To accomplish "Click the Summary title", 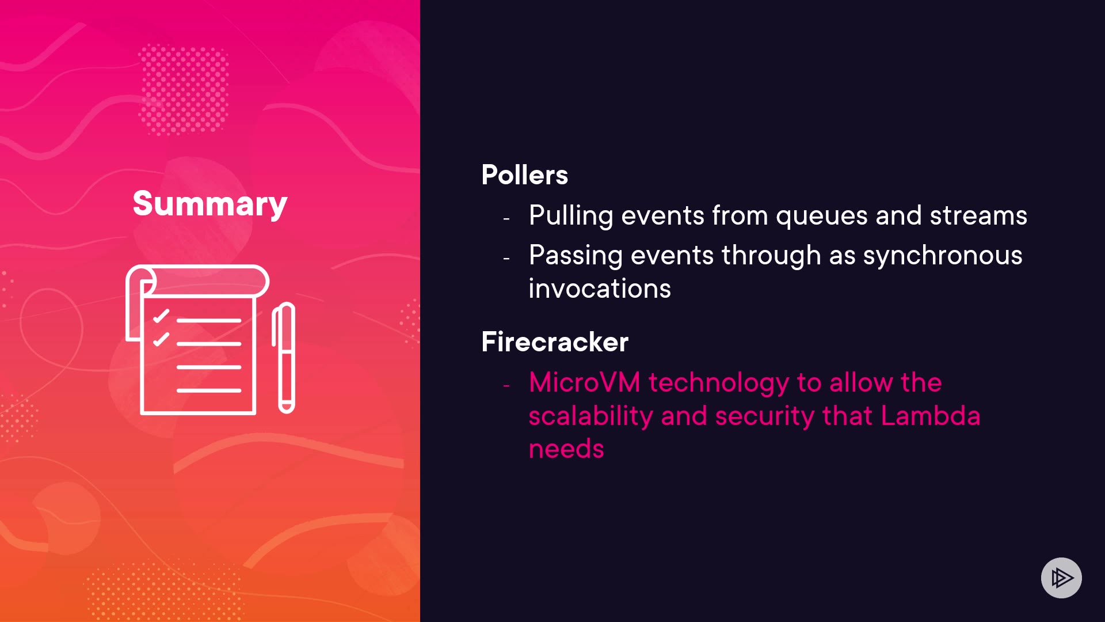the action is pyautogui.click(x=210, y=204).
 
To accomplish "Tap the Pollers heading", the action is pyautogui.click(x=524, y=175).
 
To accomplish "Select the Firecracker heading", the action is pyautogui.click(x=555, y=342).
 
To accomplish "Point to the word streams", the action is pyautogui.click(x=978, y=215).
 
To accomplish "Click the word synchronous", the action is pyautogui.click(x=943, y=256).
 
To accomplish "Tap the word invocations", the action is pyautogui.click(x=600, y=289).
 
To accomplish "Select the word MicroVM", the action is pyautogui.click(x=585, y=382).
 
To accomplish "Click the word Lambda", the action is pyautogui.click(x=930, y=416).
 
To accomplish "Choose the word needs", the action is pyautogui.click(x=566, y=450).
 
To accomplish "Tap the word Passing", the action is pyautogui.click(x=576, y=256).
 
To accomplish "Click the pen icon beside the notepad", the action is pyautogui.click(x=284, y=358).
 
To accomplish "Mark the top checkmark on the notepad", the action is pyautogui.click(x=161, y=316).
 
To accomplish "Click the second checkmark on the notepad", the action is pyautogui.click(x=161, y=339).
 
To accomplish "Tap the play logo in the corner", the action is pyautogui.click(x=1061, y=578).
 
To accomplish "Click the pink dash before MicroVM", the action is pyautogui.click(x=506, y=385).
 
